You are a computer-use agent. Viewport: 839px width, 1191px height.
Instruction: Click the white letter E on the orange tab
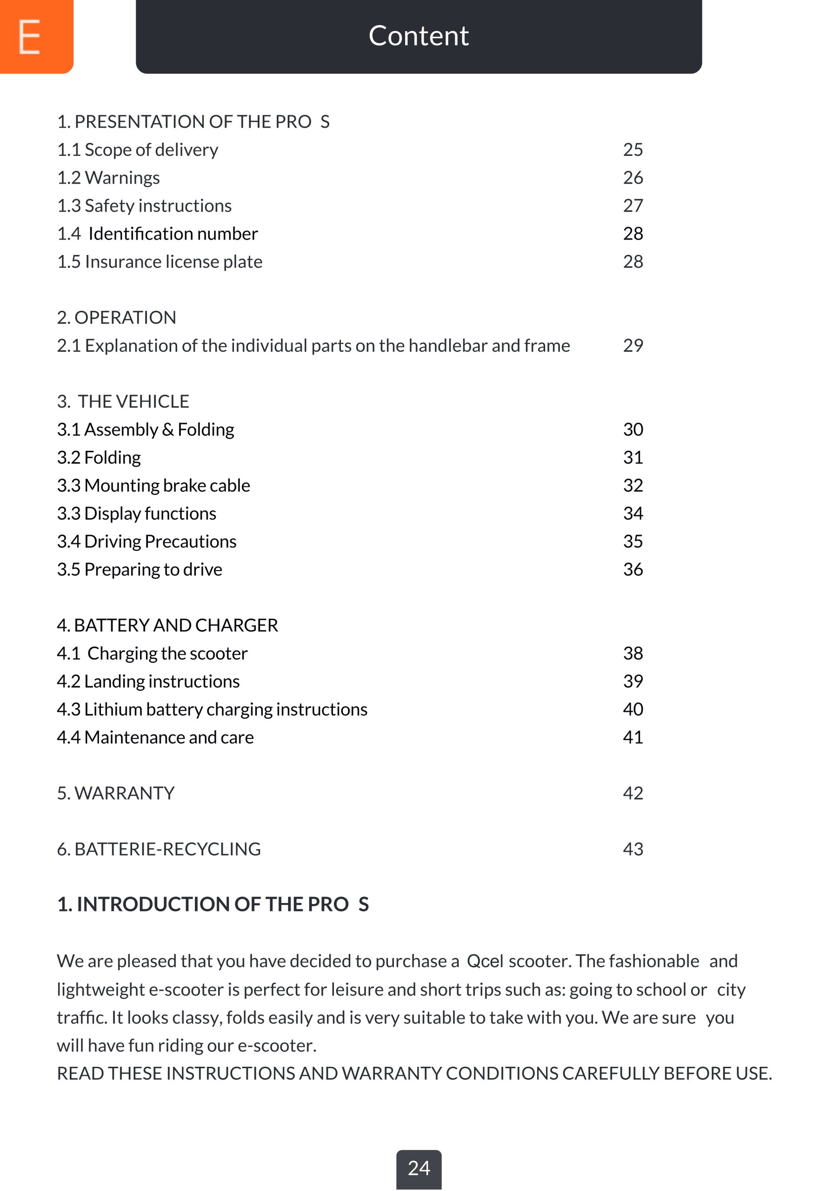point(30,36)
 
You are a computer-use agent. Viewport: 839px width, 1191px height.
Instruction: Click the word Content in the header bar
point(419,36)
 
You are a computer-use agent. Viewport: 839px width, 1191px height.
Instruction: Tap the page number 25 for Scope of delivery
point(633,149)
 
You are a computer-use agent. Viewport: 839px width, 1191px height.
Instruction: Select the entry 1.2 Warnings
point(108,177)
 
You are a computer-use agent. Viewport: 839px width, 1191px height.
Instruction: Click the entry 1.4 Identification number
point(157,234)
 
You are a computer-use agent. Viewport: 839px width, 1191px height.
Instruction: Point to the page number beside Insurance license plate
point(633,261)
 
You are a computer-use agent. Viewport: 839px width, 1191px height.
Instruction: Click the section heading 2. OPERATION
point(117,317)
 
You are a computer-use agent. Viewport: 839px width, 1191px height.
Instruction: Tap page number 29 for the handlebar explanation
point(633,346)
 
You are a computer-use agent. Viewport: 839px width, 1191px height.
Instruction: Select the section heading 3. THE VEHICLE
point(123,401)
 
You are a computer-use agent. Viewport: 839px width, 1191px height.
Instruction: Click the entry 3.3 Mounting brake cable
point(153,486)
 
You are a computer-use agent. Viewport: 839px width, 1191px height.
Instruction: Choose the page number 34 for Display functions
point(633,514)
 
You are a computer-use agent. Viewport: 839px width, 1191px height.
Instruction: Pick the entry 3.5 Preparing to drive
point(140,569)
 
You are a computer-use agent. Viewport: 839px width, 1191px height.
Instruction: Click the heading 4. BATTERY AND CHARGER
point(167,625)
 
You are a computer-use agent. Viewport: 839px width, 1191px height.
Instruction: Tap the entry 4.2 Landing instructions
point(148,681)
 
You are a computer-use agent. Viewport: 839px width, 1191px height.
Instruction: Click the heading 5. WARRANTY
point(116,793)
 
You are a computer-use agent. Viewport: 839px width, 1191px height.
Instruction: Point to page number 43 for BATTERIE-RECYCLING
point(633,849)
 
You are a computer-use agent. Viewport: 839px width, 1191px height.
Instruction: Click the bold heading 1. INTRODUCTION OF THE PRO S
point(213,905)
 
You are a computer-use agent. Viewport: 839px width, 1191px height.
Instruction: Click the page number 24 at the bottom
point(419,1168)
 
